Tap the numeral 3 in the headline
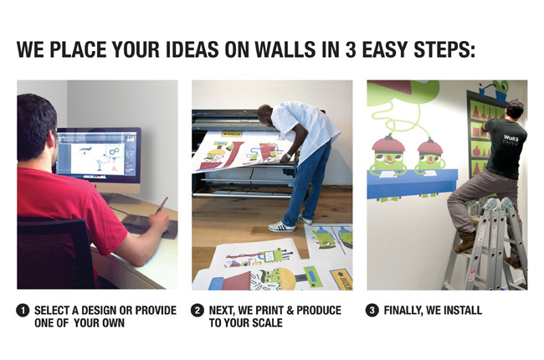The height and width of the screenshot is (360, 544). [351, 49]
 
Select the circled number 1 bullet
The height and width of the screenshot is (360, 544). [23, 310]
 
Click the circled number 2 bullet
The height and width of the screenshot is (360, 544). [197, 310]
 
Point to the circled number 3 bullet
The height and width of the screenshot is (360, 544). [372, 310]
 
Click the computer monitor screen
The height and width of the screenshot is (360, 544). [99, 156]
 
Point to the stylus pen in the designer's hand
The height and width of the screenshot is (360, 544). [162, 205]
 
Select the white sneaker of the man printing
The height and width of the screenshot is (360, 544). [282, 227]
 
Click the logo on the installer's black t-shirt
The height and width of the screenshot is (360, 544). [511, 140]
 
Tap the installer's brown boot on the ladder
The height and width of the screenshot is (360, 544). [464, 242]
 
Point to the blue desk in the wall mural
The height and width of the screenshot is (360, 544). [412, 183]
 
